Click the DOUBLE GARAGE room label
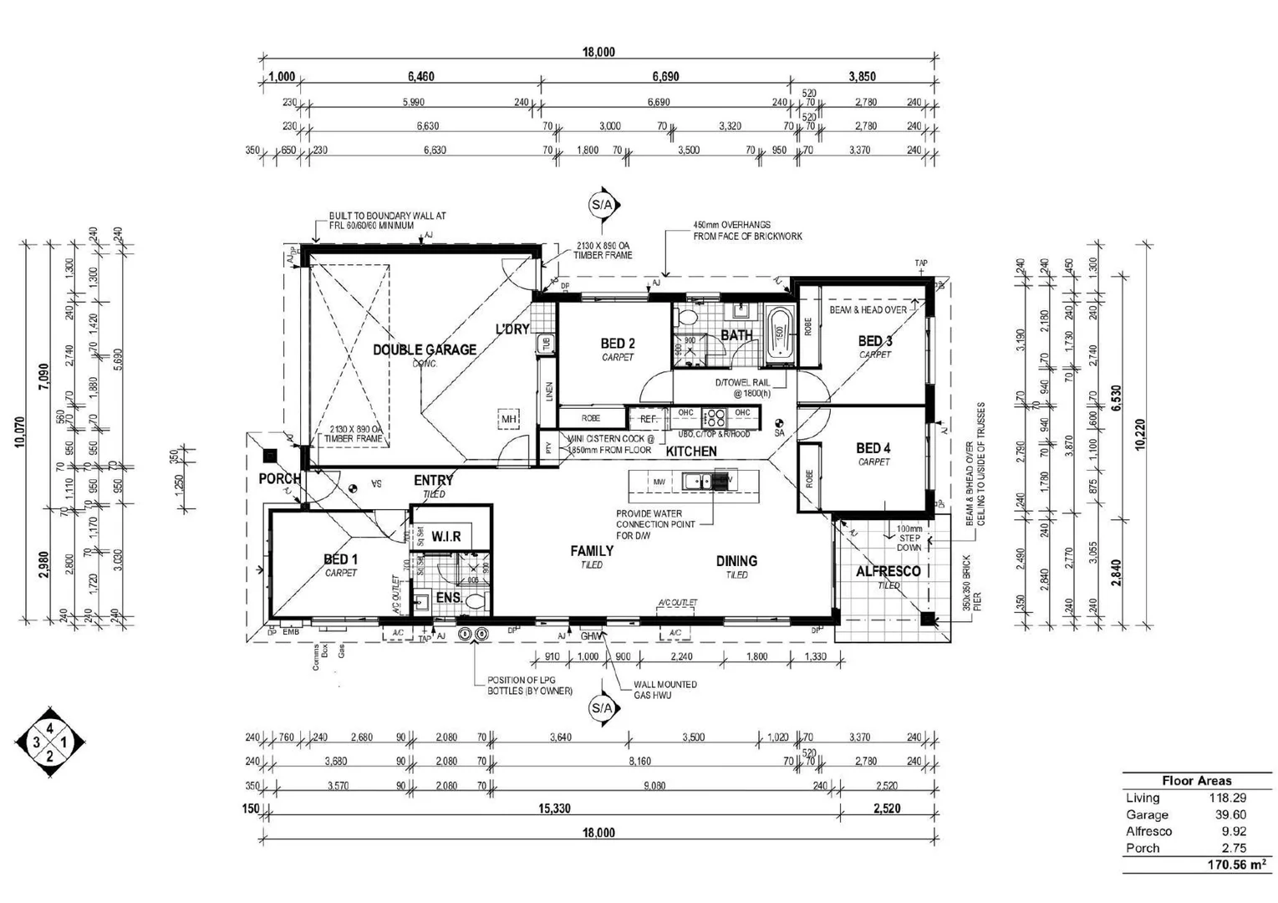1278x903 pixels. point(425,349)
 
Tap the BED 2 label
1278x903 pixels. point(618,343)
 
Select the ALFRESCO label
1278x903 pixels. point(888,571)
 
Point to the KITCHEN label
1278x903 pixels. point(691,451)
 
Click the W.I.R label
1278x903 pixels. point(446,536)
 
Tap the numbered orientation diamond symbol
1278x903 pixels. point(50,742)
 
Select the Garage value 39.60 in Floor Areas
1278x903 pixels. point(1227,814)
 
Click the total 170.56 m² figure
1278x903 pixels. point(1236,865)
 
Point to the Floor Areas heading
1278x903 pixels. point(1196,780)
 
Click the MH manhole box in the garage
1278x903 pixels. point(509,418)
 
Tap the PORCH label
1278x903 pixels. point(279,479)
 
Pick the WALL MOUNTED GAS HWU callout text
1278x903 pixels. point(665,689)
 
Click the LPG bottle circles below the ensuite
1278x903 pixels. point(472,635)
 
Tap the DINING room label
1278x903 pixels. point(736,561)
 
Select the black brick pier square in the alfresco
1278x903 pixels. point(927,619)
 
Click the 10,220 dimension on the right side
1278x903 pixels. point(1141,435)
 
